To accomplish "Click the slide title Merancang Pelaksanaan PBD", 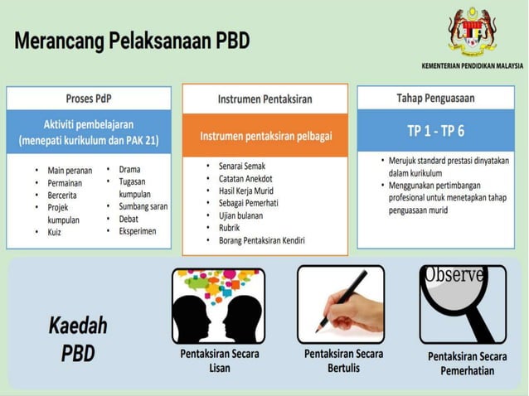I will (132, 41).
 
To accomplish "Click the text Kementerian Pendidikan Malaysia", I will (472, 65).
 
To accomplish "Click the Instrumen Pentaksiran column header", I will (264, 99).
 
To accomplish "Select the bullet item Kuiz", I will (56, 233).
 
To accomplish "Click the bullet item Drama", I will (129, 169).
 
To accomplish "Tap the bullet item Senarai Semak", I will (245, 166).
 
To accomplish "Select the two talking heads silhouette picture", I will (218, 304).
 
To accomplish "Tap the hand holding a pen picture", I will (341, 303).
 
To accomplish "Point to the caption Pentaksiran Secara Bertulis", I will (343, 360).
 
